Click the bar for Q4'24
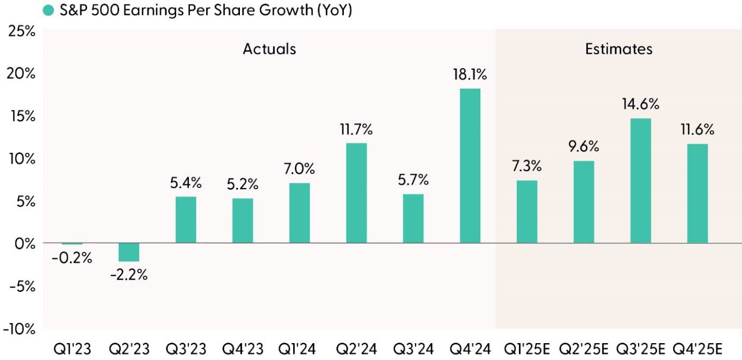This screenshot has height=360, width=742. point(470,166)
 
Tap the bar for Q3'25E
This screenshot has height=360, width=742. point(640,181)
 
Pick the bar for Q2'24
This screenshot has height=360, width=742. point(356,193)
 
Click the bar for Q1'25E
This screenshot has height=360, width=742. point(527,212)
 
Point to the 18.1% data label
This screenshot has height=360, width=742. point(470,75)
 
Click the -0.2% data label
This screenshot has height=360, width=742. point(72,258)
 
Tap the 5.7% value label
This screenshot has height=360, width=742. point(413,180)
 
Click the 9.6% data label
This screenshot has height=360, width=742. point(584,147)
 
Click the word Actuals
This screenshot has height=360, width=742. point(269,49)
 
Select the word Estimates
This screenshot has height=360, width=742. point(619,49)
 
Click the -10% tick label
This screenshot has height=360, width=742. point(18,330)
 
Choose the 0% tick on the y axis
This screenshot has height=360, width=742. point(25,244)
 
